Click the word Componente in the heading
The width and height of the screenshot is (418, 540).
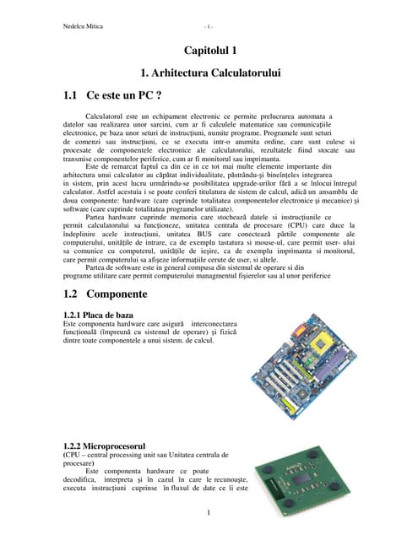click(x=116, y=294)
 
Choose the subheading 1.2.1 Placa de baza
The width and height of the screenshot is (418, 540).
click(x=100, y=316)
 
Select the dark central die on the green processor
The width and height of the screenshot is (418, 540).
click(x=300, y=480)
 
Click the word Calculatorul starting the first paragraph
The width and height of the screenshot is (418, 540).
click(x=111, y=116)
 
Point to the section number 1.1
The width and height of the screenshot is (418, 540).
click(x=74, y=96)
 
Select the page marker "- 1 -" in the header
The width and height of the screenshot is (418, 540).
click(x=208, y=26)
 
